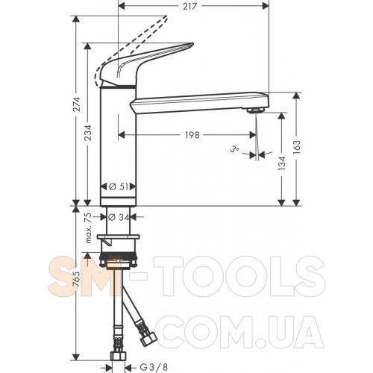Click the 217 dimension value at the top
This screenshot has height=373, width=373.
[x=189, y=6]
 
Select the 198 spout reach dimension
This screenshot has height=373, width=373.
[x=192, y=135]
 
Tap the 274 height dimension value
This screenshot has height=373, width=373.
[x=78, y=104]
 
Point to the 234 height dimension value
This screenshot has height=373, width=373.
[x=89, y=133]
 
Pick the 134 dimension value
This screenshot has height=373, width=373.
[x=282, y=163]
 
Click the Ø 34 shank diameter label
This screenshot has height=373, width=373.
[x=119, y=217]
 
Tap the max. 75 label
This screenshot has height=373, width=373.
[x=89, y=228]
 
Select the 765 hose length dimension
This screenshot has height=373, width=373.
[x=78, y=278]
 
